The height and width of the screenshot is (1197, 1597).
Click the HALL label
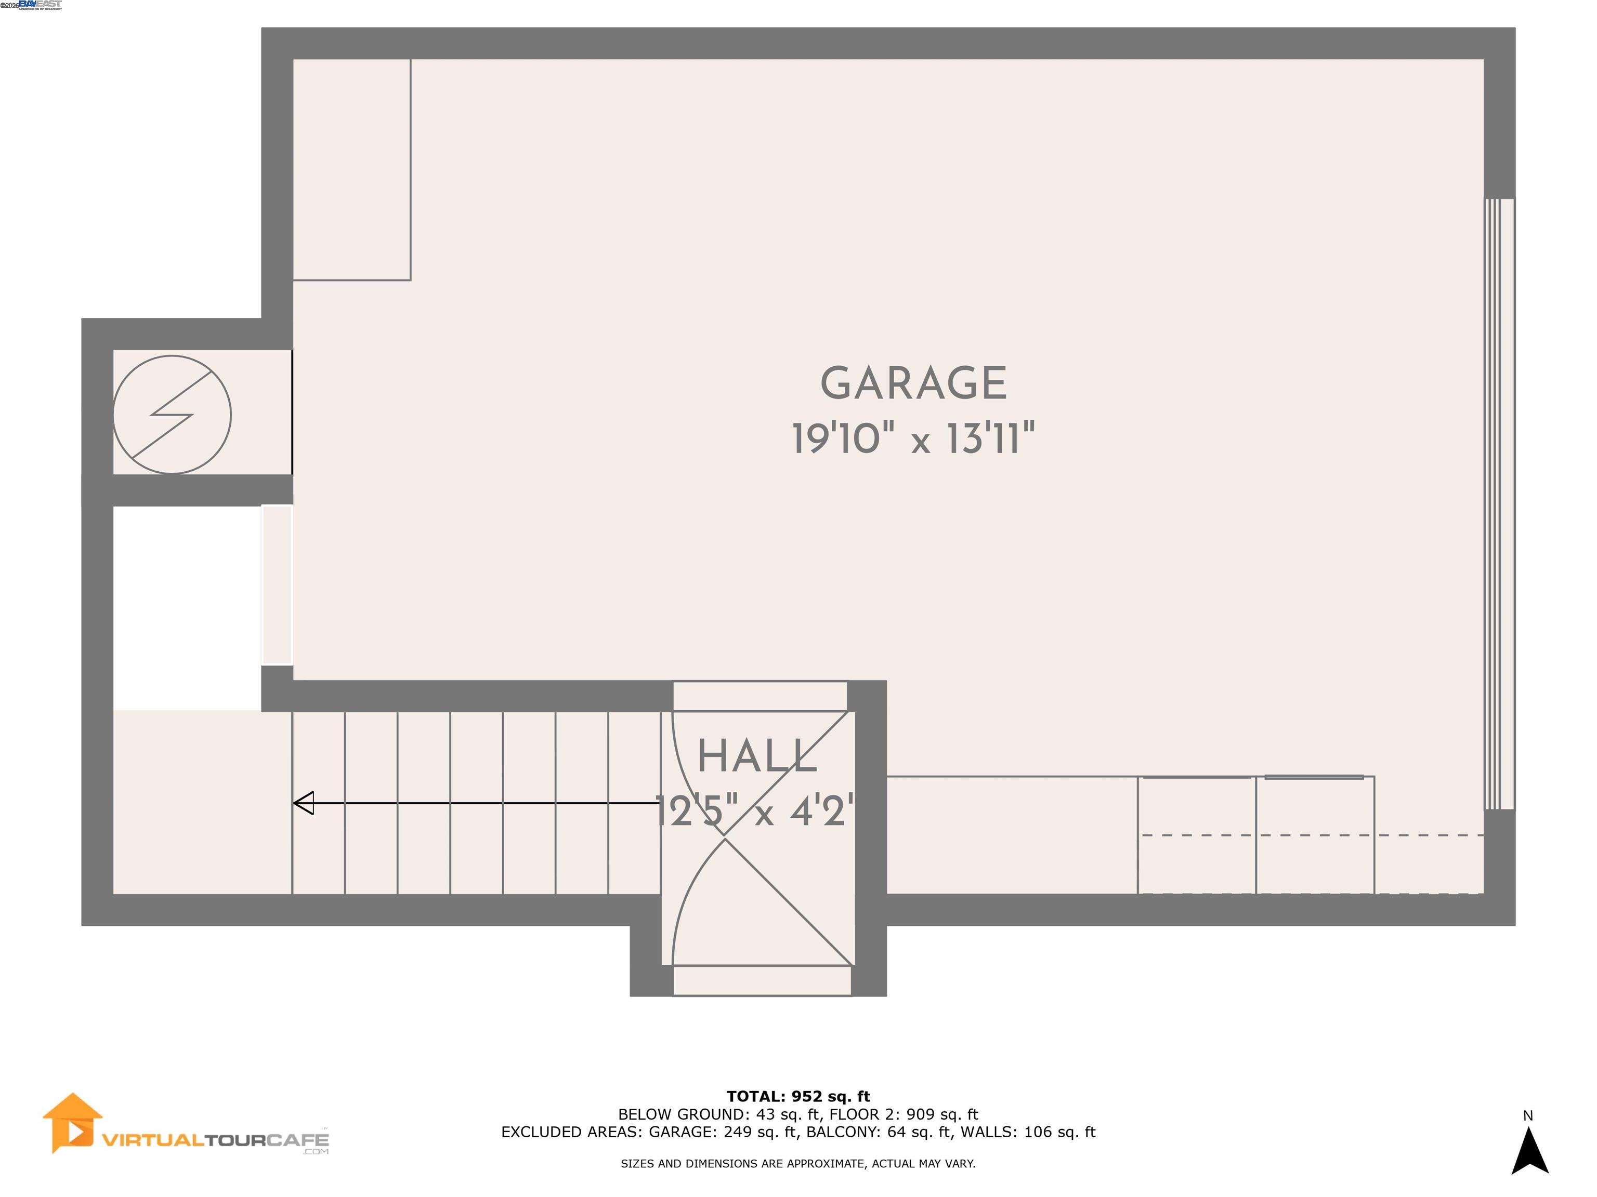[x=756, y=757]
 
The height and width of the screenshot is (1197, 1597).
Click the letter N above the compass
[x=1528, y=1115]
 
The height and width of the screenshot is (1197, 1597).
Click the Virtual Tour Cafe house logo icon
[x=71, y=1123]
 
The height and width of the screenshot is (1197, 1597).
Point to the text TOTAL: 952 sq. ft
[x=798, y=1097]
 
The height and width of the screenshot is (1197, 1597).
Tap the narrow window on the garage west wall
[x=277, y=584]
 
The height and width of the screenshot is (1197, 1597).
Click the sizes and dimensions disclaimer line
[x=798, y=1163]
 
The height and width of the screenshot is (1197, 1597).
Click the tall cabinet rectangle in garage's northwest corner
[x=351, y=169]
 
